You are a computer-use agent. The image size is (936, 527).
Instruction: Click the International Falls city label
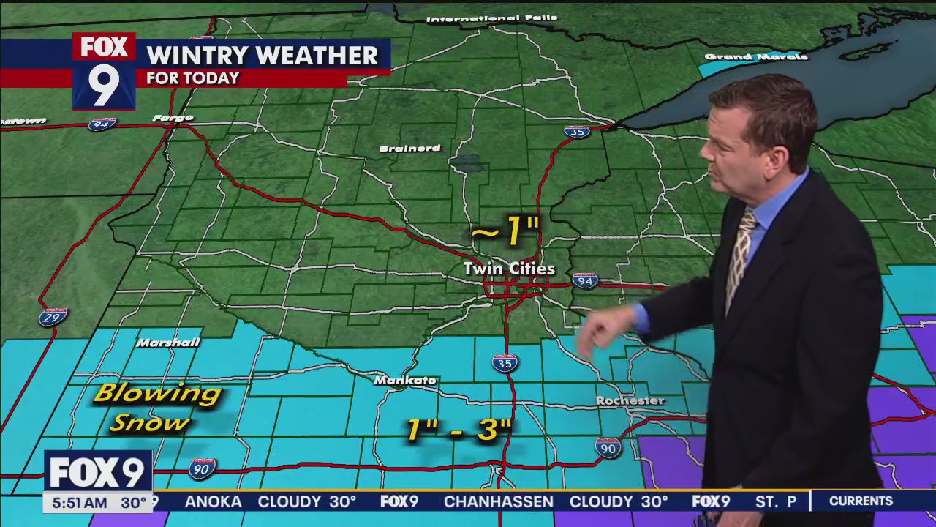491,18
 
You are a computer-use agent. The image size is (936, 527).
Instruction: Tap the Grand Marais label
756,57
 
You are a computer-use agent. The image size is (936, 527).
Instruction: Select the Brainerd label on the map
409,149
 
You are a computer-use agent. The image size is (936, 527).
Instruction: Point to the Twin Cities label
509,269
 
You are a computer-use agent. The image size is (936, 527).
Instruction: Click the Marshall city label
168,343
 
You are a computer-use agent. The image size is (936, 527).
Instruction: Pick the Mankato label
404,381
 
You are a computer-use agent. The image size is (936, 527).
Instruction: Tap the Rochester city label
630,401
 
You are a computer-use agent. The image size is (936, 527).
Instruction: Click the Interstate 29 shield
53,317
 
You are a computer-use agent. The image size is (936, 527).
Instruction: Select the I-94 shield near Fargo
102,124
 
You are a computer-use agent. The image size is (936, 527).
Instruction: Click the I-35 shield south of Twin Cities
505,362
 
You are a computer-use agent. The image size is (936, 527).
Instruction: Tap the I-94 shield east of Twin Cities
584,280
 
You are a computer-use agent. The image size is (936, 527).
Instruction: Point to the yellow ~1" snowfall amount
505,232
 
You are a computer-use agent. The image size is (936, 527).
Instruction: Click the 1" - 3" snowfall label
458,430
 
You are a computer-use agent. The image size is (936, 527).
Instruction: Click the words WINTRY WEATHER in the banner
262,56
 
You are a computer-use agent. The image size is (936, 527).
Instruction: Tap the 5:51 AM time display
75,503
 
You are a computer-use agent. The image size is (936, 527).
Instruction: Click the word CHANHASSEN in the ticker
498,501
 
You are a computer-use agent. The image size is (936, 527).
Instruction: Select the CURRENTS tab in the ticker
861,501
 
